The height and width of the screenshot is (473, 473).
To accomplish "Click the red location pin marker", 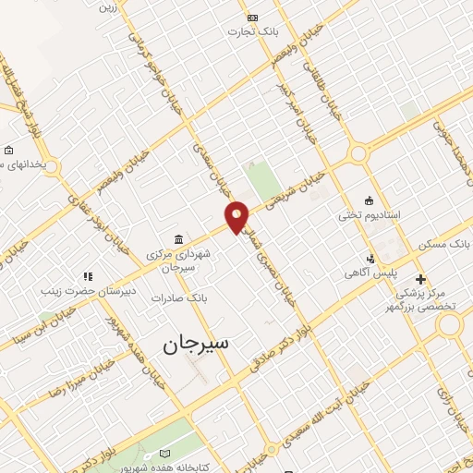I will point(237,216).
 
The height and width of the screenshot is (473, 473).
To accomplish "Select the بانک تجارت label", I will point(252,31).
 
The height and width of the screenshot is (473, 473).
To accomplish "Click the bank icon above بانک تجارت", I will point(252,17).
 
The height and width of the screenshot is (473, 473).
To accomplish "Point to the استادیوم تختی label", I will point(369,214).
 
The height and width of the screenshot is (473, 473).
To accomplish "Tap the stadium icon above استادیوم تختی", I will point(370,200).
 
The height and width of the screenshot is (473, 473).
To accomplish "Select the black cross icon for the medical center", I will point(420,278).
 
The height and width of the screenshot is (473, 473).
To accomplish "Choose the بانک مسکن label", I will point(444,242).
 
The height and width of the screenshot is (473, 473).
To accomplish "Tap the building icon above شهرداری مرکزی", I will point(177,238).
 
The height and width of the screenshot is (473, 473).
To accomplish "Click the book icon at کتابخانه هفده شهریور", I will point(165,454).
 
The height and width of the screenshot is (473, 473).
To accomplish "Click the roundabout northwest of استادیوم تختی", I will point(356,153).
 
